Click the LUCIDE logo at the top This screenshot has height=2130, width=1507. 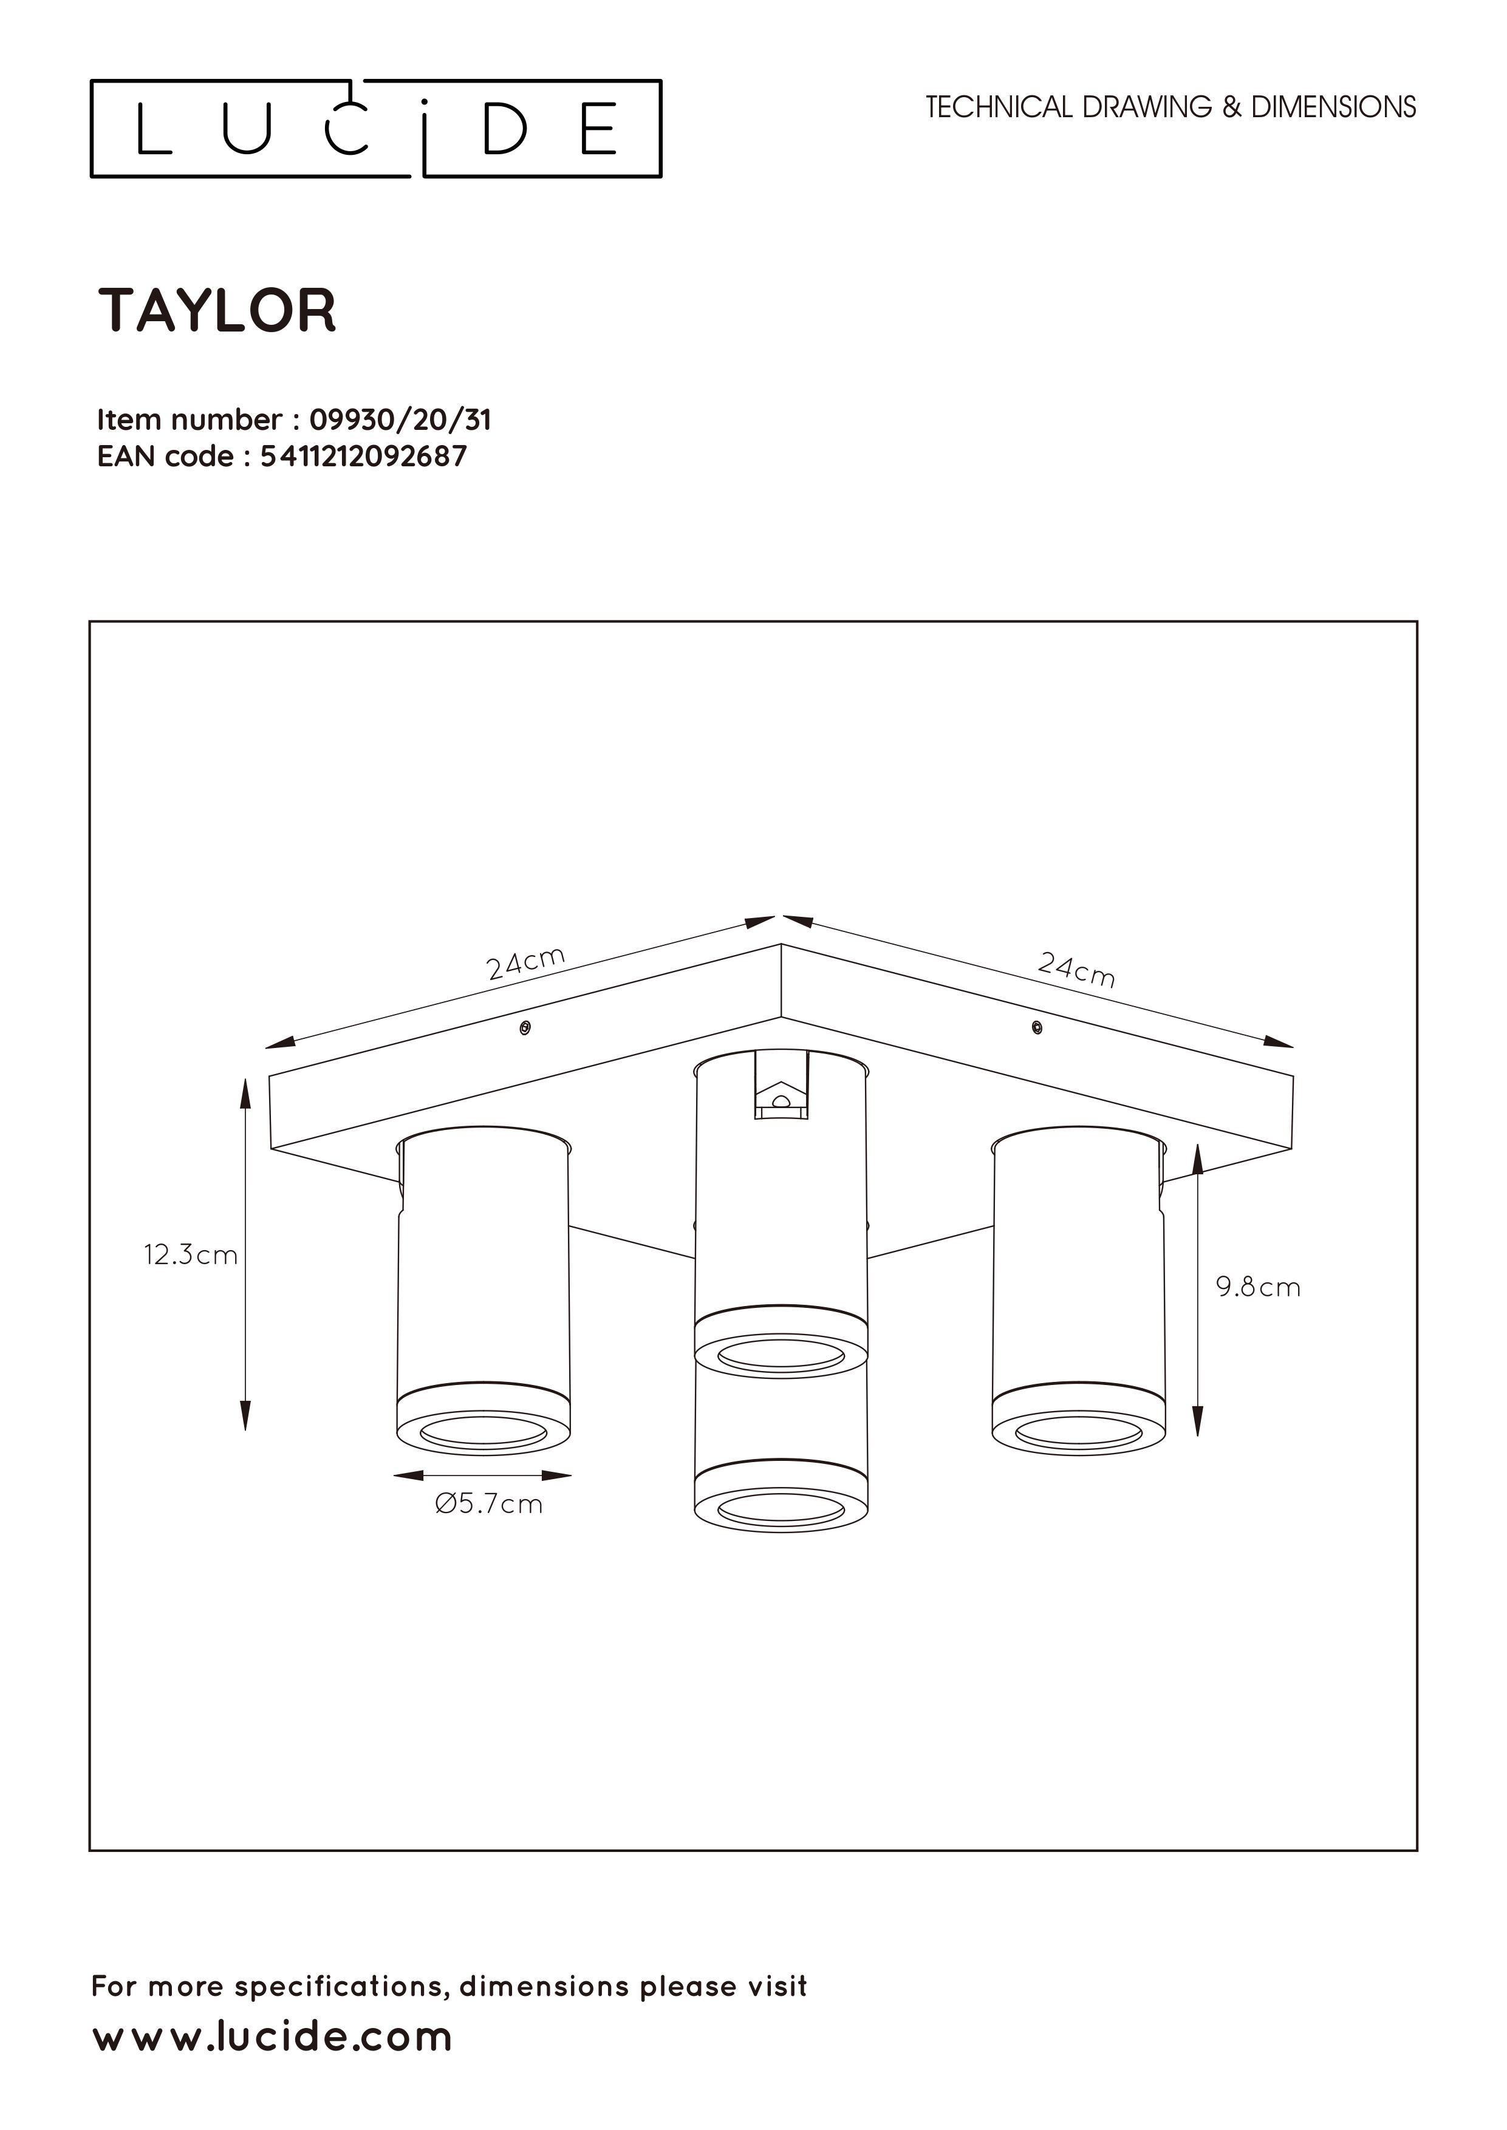click(376, 128)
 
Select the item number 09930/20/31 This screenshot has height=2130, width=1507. click(400, 420)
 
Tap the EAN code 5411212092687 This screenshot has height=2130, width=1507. click(364, 457)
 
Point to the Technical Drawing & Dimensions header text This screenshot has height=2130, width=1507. click(1171, 107)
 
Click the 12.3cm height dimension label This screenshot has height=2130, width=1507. click(190, 1255)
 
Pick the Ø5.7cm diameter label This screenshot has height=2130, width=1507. click(488, 1504)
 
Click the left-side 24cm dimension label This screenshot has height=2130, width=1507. click(526, 963)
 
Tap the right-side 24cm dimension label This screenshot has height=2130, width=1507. click(1076, 970)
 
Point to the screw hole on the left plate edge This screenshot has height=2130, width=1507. click(525, 1028)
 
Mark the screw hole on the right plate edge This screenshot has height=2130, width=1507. click(1036, 1027)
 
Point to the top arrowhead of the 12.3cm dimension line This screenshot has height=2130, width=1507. click(246, 1094)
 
